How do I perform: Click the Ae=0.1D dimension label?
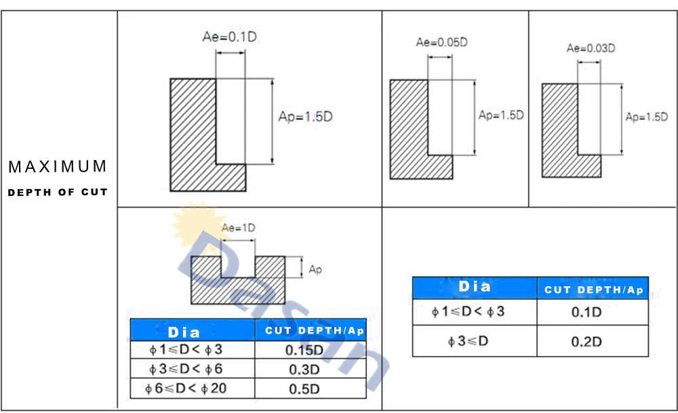point(230,37)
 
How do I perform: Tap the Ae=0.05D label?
point(442,42)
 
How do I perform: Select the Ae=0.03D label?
point(591,48)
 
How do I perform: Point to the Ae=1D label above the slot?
point(238,228)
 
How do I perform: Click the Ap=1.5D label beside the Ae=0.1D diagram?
point(305,117)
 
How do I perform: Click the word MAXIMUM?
point(58,167)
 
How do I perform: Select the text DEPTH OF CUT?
point(58,193)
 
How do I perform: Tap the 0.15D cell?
point(304,350)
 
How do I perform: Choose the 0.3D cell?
point(304,370)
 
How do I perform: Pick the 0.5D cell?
point(304,389)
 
